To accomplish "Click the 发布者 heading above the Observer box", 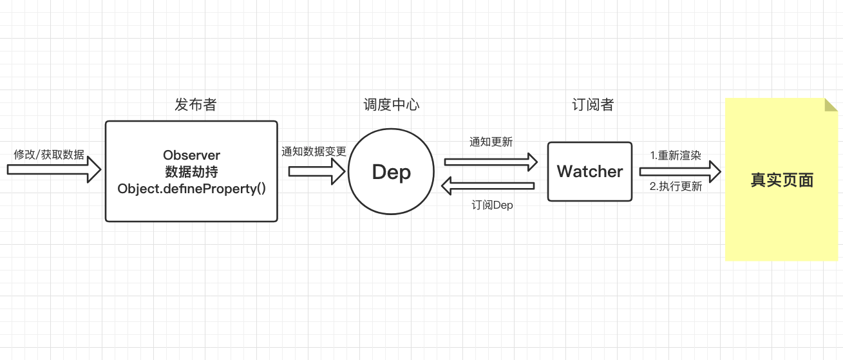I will coord(195,105).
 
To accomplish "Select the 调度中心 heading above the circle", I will coord(392,105).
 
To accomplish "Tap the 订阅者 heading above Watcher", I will coord(593,105).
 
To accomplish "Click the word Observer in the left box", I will coord(191,155).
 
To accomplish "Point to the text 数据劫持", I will coord(191,172).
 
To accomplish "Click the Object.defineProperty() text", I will coord(191,189).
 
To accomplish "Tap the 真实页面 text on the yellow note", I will coord(782,180).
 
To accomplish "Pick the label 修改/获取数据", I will coord(49,155).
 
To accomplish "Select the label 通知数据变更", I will coord(314,152).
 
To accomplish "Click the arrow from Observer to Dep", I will coord(316,171).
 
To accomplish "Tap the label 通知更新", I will coord(491,142).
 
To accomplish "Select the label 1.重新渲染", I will coord(675,156).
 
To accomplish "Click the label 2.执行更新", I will coord(676,187).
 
